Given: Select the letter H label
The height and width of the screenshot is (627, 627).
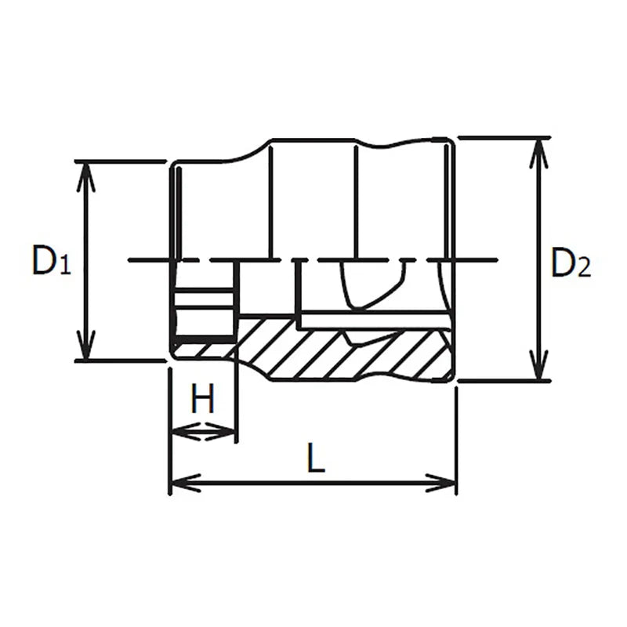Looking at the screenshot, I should point(203,400).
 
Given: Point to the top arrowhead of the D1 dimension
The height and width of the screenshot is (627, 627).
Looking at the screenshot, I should point(86,176).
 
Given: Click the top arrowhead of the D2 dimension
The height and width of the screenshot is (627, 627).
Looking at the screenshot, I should point(538,154).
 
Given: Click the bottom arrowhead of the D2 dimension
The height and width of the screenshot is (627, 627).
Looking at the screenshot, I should point(538,366).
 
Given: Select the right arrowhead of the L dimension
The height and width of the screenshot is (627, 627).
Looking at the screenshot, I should point(443,483).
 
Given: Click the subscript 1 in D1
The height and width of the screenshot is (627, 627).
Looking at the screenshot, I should point(65,267).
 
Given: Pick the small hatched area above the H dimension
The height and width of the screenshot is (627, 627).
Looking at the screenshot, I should point(202,349).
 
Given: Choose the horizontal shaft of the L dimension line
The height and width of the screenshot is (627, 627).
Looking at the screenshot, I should point(313,483).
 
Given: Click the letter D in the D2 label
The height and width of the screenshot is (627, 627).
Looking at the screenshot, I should point(562,262).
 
